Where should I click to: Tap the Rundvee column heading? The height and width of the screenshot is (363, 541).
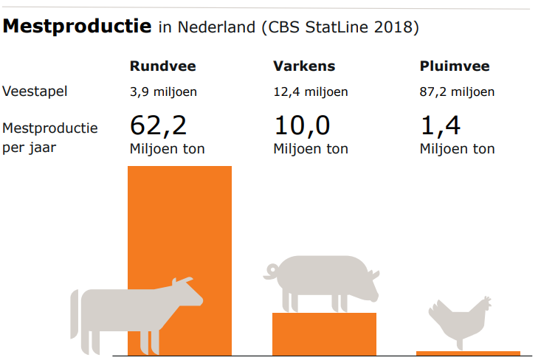point(162,66)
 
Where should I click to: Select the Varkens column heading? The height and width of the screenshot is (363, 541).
point(304,66)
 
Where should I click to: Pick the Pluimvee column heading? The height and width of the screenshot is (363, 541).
point(454,66)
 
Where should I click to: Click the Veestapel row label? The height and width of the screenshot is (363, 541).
point(35,91)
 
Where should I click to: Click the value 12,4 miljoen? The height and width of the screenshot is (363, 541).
point(311,92)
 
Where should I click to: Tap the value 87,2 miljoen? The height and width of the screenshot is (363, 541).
point(457,92)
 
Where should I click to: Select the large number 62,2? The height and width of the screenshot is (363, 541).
point(159,125)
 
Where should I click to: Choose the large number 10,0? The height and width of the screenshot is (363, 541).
point(302,125)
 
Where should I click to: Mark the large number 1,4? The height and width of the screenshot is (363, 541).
point(440,125)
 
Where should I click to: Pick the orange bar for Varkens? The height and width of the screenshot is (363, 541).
point(324,333)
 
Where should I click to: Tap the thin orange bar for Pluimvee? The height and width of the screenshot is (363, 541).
point(468,353)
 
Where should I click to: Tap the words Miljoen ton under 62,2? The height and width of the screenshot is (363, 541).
point(167,149)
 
